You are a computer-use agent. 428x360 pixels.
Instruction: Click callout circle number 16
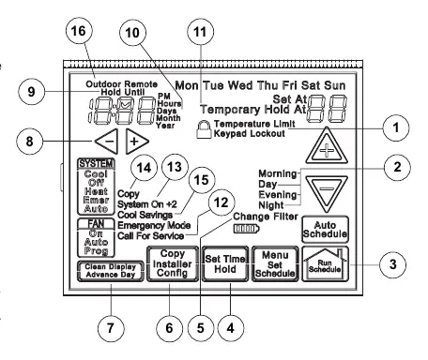tap(78, 31)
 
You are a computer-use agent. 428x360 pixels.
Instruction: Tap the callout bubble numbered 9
tap(31, 92)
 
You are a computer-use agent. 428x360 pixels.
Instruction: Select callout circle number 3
tap(392, 264)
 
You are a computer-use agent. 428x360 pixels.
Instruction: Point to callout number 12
tap(222, 202)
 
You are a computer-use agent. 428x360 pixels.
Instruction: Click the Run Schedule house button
tap(325, 264)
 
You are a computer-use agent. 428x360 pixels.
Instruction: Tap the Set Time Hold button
tap(225, 264)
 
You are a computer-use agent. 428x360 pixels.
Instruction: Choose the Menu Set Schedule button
tap(275, 264)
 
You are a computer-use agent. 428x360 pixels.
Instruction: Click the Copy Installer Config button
tap(173, 264)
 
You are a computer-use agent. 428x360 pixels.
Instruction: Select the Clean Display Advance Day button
tap(111, 271)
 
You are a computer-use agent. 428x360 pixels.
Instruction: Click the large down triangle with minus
tap(327, 193)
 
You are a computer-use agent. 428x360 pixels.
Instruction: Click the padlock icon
tap(204, 128)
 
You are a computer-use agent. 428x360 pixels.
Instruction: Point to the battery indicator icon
tap(247, 229)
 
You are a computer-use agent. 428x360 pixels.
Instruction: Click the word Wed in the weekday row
tap(241, 85)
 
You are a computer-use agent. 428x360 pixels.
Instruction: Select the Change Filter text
tap(266, 217)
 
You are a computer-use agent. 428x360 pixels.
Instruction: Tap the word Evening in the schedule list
tap(278, 195)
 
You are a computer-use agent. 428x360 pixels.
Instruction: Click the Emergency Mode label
tap(154, 225)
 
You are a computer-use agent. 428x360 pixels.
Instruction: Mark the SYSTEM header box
tap(97, 163)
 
